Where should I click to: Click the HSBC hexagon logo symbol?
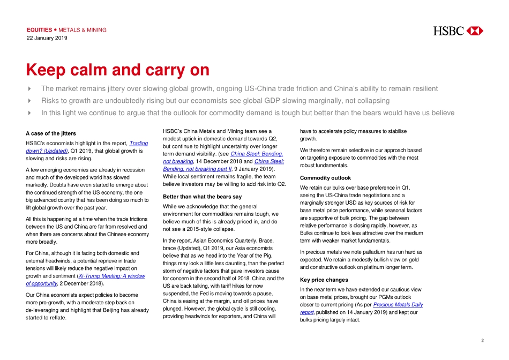[x=475, y=31]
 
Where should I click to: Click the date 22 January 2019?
[x=47, y=38]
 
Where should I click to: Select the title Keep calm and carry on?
[x=117, y=70]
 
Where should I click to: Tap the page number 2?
[x=482, y=340]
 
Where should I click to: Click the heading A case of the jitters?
[x=51, y=133]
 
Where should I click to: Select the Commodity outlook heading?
[x=325, y=178]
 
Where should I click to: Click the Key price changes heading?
[x=324, y=280]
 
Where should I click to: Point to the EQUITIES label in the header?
[x=39, y=30]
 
